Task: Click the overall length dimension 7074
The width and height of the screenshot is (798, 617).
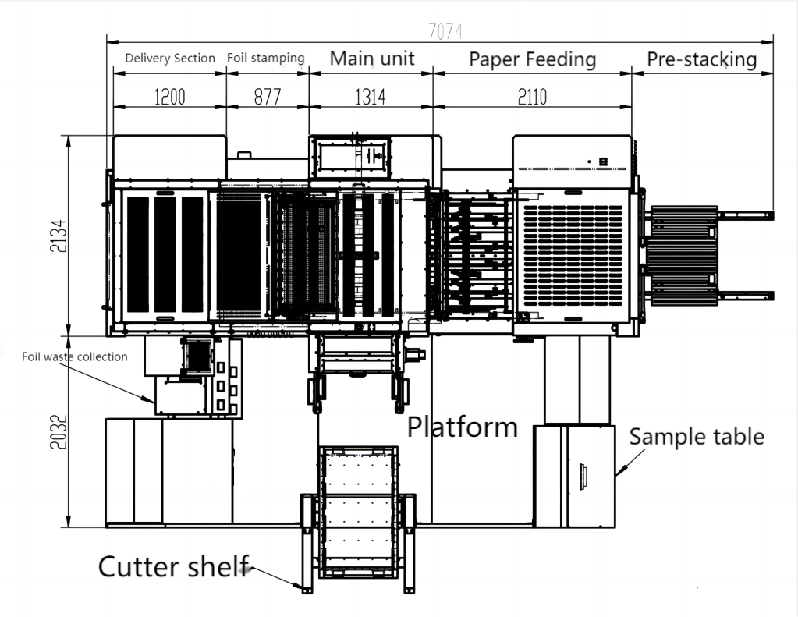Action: point(445,31)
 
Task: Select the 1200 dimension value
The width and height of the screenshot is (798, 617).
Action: point(169,97)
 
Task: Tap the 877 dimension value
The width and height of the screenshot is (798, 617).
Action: point(267,97)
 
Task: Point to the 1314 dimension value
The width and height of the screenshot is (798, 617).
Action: point(370,97)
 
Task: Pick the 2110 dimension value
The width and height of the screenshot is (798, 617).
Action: point(530,97)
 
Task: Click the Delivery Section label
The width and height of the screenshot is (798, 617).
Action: point(170,59)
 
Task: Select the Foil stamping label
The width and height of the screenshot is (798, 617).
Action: point(265,59)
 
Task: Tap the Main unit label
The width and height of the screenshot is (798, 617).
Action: point(371,59)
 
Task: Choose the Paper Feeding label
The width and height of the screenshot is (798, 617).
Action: point(532,59)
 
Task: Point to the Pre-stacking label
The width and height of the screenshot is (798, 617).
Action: point(702,59)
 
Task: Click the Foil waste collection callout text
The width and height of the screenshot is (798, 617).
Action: point(74,357)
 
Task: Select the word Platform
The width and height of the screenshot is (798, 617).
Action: point(463,427)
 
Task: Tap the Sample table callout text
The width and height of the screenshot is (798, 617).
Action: point(697,436)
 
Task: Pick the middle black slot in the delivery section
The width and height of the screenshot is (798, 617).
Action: point(165,254)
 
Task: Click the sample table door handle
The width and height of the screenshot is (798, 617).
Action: point(583,477)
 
